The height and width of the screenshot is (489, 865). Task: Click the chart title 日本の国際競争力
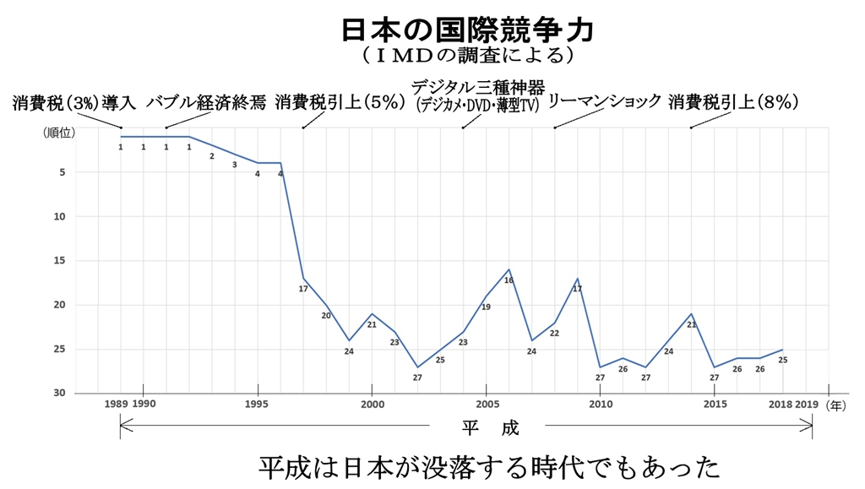click(x=467, y=30)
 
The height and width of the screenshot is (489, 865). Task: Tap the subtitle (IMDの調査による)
click(x=467, y=57)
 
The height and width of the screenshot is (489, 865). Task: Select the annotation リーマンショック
click(x=605, y=102)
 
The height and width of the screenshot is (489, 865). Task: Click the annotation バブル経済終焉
click(x=206, y=104)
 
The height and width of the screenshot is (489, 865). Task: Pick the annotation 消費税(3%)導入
click(x=74, y=104)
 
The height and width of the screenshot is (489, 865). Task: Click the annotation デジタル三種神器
click(x=478, y=87)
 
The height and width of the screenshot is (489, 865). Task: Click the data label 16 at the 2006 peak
click(x=509, y=280)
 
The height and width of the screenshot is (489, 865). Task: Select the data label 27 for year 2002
click(x=417, y=378)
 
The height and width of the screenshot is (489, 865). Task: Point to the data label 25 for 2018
click(x=783, y=360)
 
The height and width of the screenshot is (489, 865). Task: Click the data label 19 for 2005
click(x=486, y=307)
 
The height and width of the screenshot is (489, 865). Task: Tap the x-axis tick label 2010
click(x=600, y=405)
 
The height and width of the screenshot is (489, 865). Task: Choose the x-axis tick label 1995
click(x=257, y=405)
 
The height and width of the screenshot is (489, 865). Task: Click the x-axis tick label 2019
click(x=807, y=405)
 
